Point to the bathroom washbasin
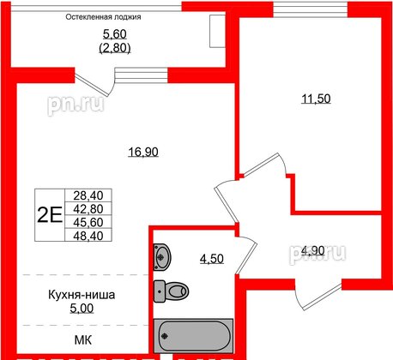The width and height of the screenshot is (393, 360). pyautogui.click(x=163, y=255)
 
